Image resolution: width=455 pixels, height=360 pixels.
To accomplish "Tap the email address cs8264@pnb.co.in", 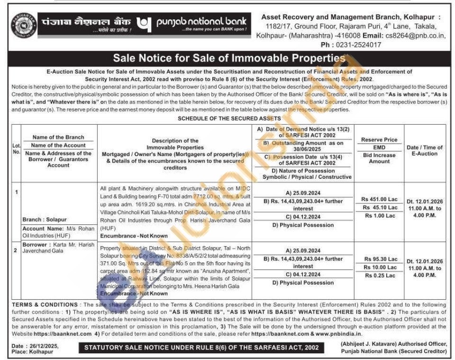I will pyautogui.click(x=419, y=35).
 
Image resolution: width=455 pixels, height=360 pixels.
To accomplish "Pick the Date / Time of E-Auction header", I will pyautogui.click(x=425, y=150).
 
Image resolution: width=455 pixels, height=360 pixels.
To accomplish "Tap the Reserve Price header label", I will pyautogui.click(x=379, y=140).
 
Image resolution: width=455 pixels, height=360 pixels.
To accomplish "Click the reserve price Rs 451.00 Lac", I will pyautogui.click(x=379, y=199).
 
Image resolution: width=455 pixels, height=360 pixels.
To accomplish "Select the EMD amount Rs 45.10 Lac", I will pyautogui.click(x=379, y=207).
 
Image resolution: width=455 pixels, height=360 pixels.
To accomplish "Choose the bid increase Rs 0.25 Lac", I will pyautogui.click(x=379, y=276).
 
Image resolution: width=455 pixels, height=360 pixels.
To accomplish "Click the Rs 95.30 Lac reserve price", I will pyautogui.click(x=379, y=259).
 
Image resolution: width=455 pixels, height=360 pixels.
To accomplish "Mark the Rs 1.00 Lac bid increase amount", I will pyautogui.click(x=379, y=216).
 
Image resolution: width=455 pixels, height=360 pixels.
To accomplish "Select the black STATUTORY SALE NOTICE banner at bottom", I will pyautogui.click(x=202, y=348).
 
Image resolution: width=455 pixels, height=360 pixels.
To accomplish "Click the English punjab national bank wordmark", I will pyautogui.click(x=202, y=22).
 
